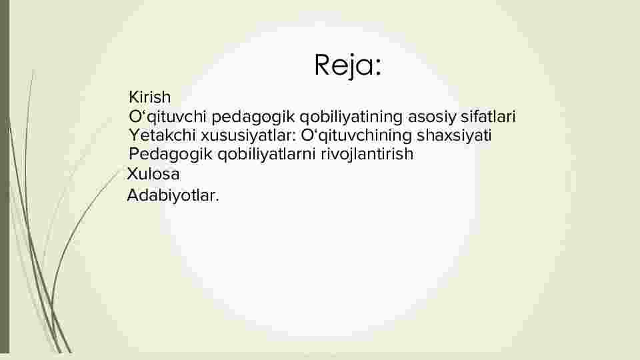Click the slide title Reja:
coord(348,65)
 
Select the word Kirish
coord(150,97)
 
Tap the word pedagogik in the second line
coord(253,117)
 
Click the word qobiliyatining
coord(351,117)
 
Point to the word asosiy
coord(432,117)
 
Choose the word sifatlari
coord(488,116)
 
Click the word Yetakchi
coord(163,135)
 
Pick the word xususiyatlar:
coord(248,135)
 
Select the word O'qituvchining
coord(356,135)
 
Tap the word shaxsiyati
coord(454,135)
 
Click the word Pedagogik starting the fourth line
coord(171,154)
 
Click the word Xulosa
coord(153,174)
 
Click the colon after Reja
coord(378,68)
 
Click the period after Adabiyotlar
coord(217,201)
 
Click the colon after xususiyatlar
coord(294,136)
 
